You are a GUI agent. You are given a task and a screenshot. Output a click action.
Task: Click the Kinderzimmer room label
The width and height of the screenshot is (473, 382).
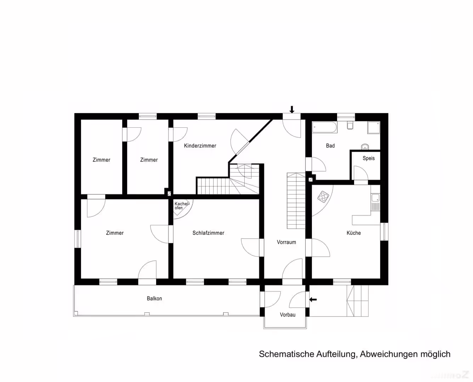point(200,146)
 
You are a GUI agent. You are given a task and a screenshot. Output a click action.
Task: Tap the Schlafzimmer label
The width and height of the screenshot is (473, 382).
point(208,233)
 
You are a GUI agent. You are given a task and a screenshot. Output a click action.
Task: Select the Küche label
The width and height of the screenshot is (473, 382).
point(354,233)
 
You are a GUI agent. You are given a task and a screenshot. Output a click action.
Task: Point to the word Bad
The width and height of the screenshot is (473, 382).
point(330,146)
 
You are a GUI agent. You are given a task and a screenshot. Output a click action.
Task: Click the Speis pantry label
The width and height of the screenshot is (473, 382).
point(369,158)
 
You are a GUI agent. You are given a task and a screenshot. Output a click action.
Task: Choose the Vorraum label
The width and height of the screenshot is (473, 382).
point(286,242)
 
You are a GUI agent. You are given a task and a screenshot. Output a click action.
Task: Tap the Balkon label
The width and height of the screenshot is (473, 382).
point(154,299)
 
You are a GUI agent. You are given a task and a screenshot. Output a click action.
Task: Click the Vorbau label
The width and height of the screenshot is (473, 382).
point(287,315)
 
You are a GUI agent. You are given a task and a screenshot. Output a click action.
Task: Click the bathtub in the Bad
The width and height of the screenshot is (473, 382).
point(325,127)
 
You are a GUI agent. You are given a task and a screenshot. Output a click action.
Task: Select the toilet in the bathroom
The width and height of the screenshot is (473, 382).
point(350,125)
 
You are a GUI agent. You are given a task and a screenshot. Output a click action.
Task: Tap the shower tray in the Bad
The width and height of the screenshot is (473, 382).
point(374,128)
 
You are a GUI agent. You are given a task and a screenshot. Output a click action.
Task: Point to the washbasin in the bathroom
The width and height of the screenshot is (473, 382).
point(365,147)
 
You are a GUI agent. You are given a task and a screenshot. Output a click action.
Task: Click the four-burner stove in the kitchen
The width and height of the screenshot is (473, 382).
point(323,197)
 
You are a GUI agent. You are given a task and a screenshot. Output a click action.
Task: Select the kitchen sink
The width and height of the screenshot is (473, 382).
point(375,198)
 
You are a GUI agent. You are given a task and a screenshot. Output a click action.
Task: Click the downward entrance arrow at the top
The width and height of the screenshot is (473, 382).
point(292,110)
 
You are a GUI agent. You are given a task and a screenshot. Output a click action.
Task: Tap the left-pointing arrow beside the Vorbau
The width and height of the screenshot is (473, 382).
point(313,300)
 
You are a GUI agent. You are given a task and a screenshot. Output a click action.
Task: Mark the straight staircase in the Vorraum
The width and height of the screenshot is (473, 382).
point(296,201)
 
